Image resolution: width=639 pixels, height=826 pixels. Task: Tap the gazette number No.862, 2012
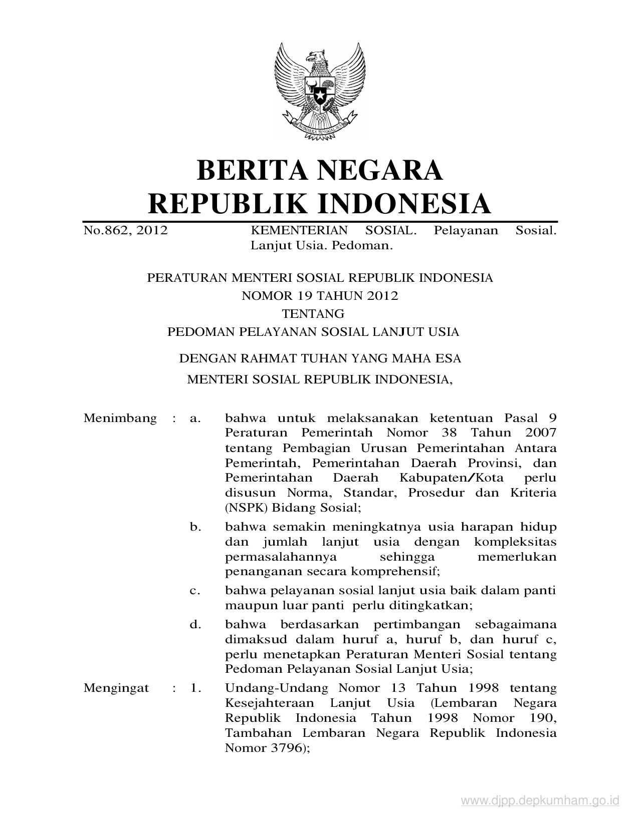pos(125,230)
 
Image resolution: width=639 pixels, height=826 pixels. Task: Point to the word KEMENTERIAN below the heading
pos(299,230)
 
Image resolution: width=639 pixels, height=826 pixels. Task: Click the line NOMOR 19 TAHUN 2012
pos(320,296)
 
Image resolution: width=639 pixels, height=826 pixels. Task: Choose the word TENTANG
pos(313,314)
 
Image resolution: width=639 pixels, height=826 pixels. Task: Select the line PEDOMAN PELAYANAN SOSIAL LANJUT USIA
pos(313,332)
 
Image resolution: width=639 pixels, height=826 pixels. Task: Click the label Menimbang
pos(120,418)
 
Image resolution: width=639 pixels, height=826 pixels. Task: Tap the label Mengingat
pos(116,688)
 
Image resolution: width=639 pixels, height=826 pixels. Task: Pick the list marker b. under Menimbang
pos(195,527)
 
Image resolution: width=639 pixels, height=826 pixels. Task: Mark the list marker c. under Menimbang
pos(195,591)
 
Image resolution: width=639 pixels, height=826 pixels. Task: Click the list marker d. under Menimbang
pos(195,625)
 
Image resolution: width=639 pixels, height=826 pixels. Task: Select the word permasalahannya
pos(280,557)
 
